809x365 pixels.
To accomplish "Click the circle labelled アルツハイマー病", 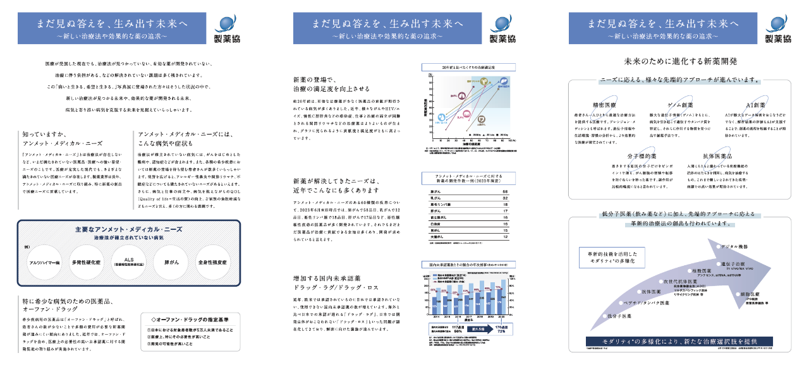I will pos(44,262).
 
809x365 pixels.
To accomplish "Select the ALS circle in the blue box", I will pos(128,262).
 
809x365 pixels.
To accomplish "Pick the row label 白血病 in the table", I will pos(434,224).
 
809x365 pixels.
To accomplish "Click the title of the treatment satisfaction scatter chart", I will pos(468,67).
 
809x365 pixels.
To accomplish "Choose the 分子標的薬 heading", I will pos(642,155).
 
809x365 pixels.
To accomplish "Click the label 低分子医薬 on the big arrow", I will pos(621,315).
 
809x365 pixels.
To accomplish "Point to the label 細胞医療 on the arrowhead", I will pos(741,294).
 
